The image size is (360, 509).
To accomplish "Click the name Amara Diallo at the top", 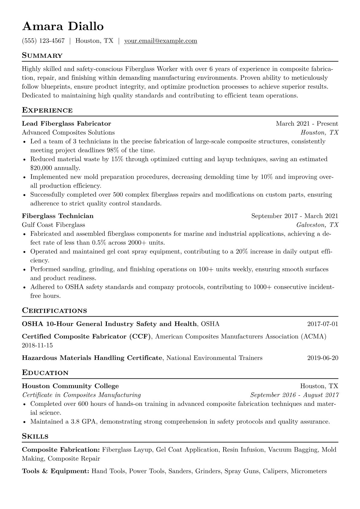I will click(63, 26).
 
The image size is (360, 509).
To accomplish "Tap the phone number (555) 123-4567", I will click(43, 41).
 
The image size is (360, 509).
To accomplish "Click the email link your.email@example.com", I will click(161, 41).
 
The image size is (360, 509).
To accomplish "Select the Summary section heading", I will click(42, 56).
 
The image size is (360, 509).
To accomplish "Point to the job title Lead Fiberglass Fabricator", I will click(67, 123).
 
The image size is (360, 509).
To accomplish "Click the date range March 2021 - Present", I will click(307, 123).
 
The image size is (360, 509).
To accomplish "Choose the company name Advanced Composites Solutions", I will click(68, 132).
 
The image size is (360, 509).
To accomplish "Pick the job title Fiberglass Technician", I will click(58, 216).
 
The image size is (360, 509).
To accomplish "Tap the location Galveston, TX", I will click(317, 225).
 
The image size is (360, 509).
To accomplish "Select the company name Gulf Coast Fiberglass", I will click(54, 225).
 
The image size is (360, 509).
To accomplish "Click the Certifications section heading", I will click(54, 311).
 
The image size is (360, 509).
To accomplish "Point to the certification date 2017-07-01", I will click(322, 324).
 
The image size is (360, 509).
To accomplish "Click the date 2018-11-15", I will click(37, 345).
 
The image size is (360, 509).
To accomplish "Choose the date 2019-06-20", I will click(322, 358).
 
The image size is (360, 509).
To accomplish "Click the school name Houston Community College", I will click(70, 386).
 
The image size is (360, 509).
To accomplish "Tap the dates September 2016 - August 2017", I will click(294, 395).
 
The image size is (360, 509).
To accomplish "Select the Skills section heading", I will click(35, 436).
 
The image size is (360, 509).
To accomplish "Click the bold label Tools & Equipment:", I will click(55, 471).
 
